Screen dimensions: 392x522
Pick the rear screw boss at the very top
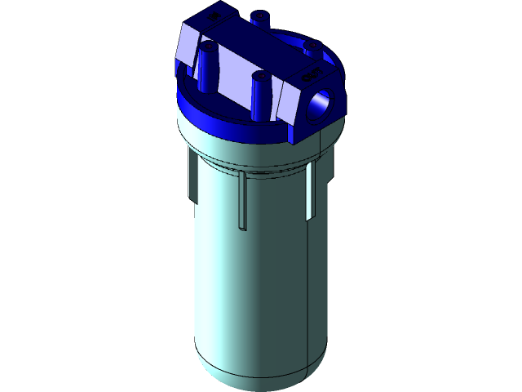point(259,17)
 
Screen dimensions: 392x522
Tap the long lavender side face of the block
point(237,77)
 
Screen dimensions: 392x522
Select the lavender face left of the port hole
point(290,101)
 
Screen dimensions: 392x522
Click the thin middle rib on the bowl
point(242,200)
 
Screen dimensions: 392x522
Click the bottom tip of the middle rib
point(242,228)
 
